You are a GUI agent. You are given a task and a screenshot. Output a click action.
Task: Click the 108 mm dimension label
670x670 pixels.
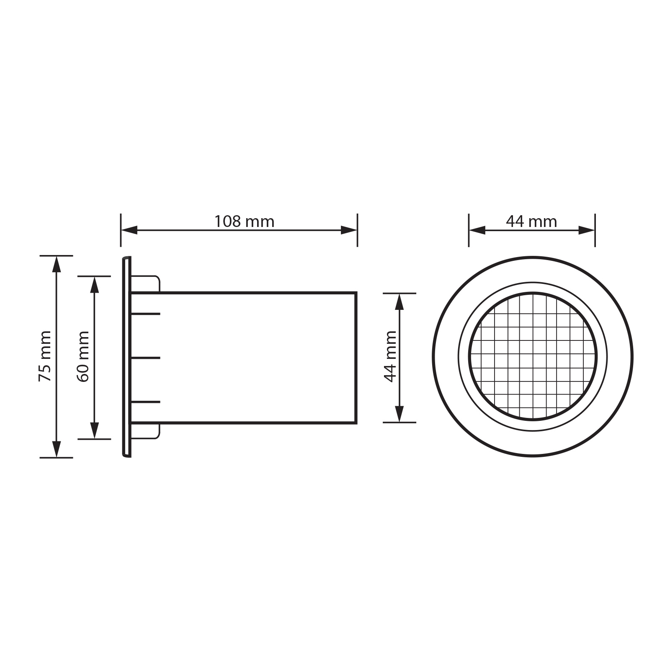(x=244, y=222)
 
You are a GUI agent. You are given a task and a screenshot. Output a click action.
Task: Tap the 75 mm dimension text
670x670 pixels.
(x=45, y=356)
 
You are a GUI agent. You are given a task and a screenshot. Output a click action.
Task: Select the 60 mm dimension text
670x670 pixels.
(x=83, y=356)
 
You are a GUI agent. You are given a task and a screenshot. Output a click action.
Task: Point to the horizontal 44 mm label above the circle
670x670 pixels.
(x=531, y=222)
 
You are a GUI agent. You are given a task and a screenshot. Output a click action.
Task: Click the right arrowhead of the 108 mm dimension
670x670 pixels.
(x=349, y=230)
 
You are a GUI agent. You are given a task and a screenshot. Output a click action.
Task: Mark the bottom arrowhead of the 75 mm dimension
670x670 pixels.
(x=57, y=449)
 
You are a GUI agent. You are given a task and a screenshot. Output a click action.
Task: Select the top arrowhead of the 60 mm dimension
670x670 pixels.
(x=95, y=285)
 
